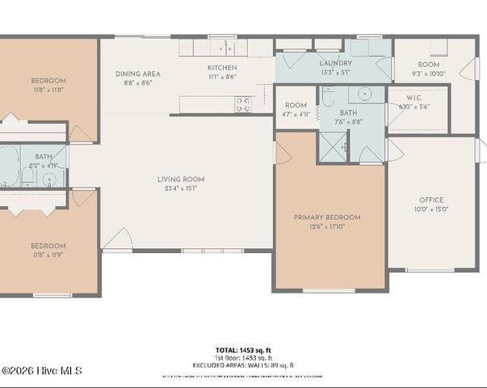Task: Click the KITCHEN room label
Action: click(222, 68)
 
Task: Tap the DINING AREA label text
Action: click(137, 74)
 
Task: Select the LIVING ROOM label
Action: click(180, 179)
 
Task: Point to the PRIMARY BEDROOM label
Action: click(326, 217)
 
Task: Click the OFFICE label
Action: click(430, 200)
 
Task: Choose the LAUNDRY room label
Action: click(334, 63)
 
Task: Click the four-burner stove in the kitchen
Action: click(242, 103)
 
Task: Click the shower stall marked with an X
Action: click(332, 145)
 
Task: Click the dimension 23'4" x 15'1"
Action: click(180, 188)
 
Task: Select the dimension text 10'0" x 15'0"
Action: click(430, 209)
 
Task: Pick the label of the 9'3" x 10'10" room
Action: click(427, 65)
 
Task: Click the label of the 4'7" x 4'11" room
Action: click(296, 105)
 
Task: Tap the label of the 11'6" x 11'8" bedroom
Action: click(48, 81)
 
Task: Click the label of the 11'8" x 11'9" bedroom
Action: click(48, 246)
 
